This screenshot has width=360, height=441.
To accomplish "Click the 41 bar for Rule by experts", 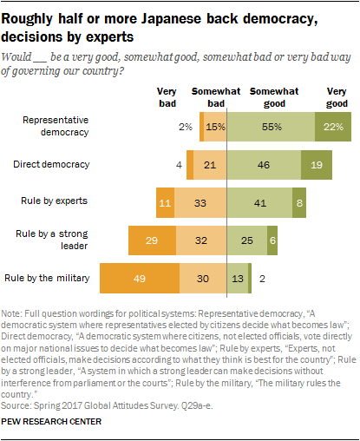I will tap(260, 201).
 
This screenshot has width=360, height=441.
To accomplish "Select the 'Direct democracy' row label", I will tap(51, 163).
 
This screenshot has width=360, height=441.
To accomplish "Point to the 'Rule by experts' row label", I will tap(54, 201).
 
